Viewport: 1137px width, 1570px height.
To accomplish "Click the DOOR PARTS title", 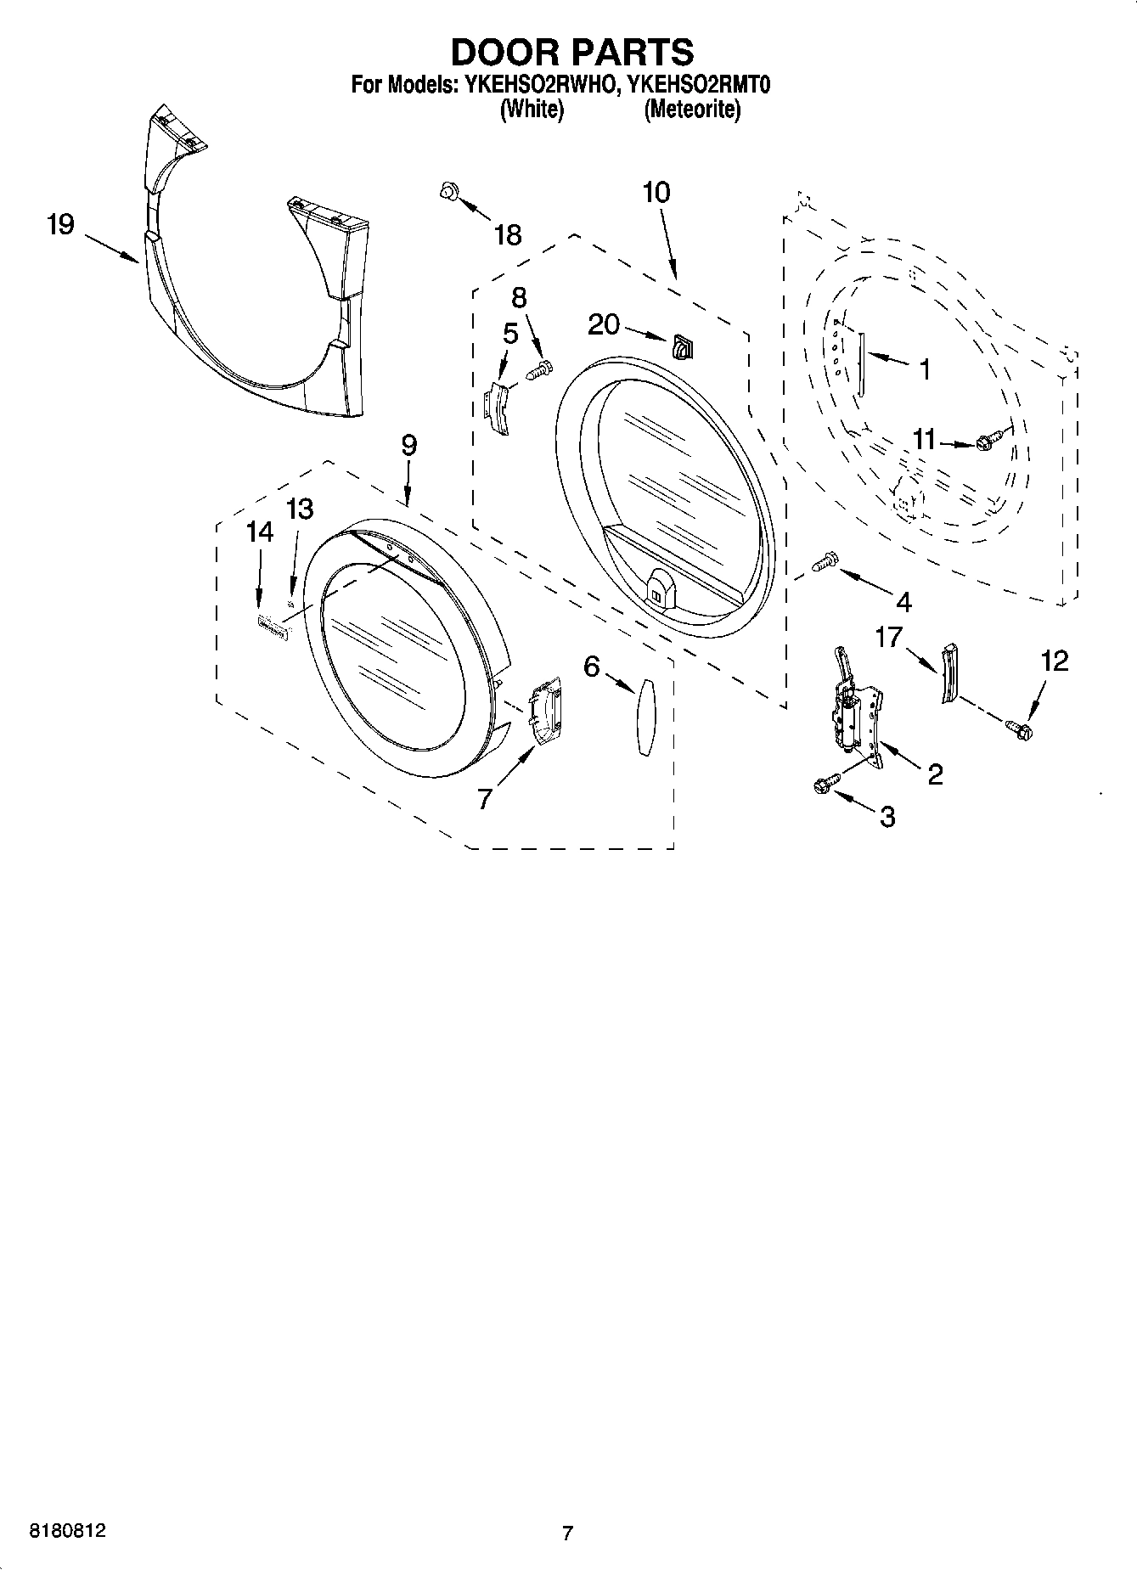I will pyautogui.click(x=571, y=53).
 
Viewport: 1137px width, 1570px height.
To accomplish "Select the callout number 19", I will pyautogui.click(x=60, y=225).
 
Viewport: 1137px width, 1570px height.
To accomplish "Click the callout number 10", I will pyautogui.click(x=656, y=192).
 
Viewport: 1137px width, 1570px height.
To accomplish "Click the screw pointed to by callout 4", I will pyautogui.click(x=825, y=561).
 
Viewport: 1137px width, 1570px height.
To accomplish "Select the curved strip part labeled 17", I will pyautogui.click(x=948, y=673).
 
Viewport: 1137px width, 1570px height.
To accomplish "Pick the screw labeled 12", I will pyautogui.click(x=1018, y=728).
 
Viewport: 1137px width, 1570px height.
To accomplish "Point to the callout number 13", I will pyautogui.click(x=299, y=509).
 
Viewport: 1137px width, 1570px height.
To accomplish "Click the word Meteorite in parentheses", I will pyautogui.click(x=692, y=110).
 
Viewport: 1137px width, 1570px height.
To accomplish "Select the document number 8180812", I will pyautogui.click(x=68, y=1531).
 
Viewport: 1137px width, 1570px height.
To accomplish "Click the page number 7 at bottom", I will pyautogui.click(x=567, y=1533).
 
